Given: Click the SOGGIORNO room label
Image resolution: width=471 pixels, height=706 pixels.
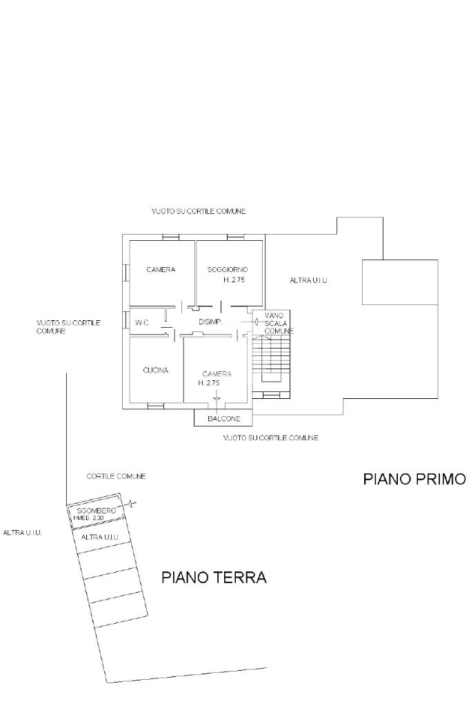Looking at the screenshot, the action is click(x=227, y=270).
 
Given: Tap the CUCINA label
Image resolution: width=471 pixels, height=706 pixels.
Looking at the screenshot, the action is click(x=156, y=370).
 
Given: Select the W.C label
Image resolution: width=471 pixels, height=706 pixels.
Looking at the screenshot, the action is click(x=141, y=323).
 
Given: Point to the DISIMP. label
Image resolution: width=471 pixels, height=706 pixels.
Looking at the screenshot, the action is click(x=211, y=322).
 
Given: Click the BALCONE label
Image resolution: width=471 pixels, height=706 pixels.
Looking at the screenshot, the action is click(x=224, y=419).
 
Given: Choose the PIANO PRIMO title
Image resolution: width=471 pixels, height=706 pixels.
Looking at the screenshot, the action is click(x=414, y=479).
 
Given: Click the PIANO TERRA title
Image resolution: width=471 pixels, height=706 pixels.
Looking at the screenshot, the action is click(x=214, y=577).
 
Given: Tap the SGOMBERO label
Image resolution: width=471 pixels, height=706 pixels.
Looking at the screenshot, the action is click(x=97, y=511).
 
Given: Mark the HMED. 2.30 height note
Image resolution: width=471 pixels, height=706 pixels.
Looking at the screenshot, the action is click(x=89, y=518).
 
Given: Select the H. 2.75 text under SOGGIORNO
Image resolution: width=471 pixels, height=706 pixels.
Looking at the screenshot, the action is click(x=234, y=280).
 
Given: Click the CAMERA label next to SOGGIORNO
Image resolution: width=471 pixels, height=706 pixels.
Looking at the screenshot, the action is click(x=161, y=270).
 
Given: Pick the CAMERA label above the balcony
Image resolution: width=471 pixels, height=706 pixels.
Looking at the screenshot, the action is click(x=217, y=374).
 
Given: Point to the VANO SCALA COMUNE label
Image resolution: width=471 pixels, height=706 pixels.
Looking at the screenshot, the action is click(x=277, y=323).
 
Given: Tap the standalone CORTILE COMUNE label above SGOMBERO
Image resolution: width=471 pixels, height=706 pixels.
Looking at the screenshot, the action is click(x=116, y=476).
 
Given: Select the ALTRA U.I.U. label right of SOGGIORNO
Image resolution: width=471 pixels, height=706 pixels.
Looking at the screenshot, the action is click(x=309, y=280).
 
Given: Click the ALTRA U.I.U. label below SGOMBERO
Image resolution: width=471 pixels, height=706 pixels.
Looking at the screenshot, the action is click(x=100, y=537).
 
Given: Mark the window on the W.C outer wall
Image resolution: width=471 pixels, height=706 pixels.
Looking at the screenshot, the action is click(x=125, y=320).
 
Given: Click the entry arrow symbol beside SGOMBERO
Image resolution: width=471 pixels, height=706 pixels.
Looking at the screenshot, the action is click(x=131, y=504).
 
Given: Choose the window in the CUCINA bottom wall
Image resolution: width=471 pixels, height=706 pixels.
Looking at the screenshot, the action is click(x=156, y=406).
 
